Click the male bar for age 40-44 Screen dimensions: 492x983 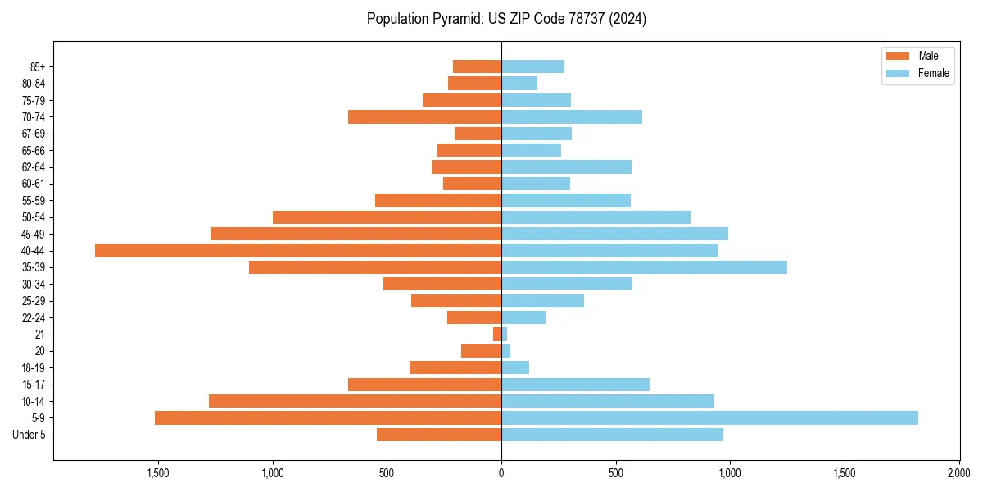click(x=298, y=250)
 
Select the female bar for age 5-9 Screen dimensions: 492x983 click(x=709, y=418)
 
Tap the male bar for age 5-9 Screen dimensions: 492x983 click(x=328, y=418)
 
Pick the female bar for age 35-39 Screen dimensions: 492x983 click(x=644, y=267)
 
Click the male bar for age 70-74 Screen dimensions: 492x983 click(x=424, y=116)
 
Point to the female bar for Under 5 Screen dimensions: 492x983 click(x=612, y=435)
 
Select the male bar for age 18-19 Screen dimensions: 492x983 click(x=455, y=367)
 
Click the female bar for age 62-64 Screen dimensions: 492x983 click(x=566, y=166)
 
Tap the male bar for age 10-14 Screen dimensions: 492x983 click(x=355, y=401)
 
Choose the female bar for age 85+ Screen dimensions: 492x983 click(x=532, y=66)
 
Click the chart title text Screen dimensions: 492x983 click(x=506, y=19)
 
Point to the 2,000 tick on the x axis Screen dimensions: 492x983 click(x=958, y=473)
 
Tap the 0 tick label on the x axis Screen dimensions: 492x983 click(x=501, y=473)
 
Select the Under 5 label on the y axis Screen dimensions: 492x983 click(x=29, y=435)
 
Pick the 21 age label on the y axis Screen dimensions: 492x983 click(x=40, y=335)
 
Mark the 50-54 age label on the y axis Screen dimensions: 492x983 click(x=34, y=217)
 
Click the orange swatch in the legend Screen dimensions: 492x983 click(x=898, y=56)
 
